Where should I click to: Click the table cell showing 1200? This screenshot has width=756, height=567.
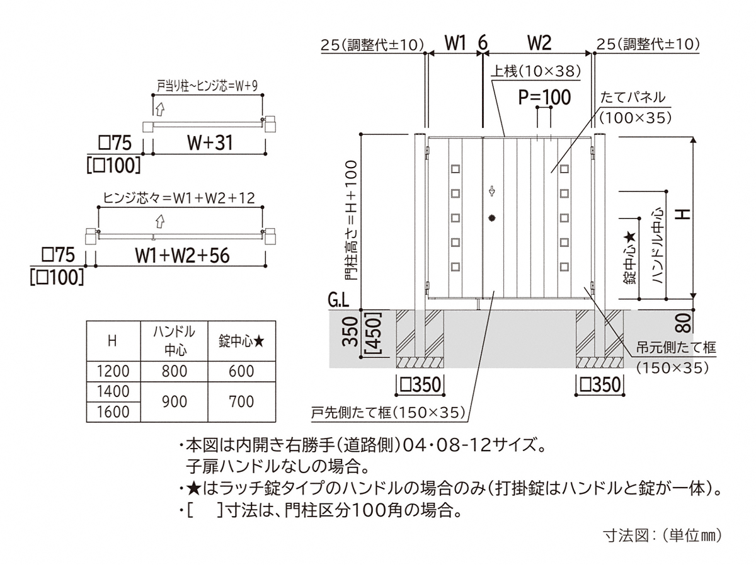coord(113,371)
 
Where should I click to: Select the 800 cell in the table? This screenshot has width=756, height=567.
coord(175,371)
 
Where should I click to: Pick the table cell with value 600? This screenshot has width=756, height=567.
coord(241,371)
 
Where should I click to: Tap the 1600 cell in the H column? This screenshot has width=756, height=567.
coord(113,412)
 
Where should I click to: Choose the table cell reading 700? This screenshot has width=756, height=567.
coord(241,401)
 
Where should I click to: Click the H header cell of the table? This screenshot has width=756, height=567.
coord(113,341)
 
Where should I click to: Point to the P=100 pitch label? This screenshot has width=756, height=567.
coord(544,97)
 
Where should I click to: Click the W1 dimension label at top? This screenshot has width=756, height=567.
coord(455,43)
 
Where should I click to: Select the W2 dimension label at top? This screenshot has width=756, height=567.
coord(539,43)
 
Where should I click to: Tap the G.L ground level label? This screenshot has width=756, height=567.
coord(338,301)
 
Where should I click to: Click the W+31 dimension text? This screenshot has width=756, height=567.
coord(210,142)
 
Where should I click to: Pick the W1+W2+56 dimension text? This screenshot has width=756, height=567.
coord(182,255)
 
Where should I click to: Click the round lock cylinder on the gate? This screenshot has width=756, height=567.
coord(492,217)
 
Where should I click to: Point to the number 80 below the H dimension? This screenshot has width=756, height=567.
coord(684,323)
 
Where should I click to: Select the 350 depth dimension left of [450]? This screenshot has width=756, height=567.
coord(350,331)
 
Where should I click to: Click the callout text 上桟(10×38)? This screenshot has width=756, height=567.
coord(535,71)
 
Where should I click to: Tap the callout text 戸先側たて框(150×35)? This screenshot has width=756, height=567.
coord(388,412)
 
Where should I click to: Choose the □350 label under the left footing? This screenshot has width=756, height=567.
coord(420,384)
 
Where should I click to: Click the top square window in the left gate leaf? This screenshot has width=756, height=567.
coord(455,169)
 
